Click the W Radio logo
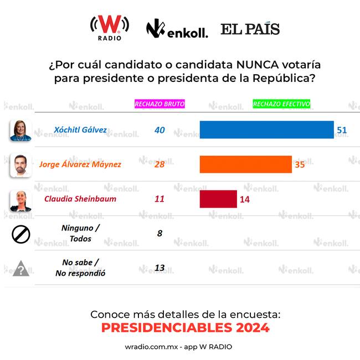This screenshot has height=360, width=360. [x=110, y=27]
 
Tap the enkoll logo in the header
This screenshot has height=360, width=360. [x=177, y=29]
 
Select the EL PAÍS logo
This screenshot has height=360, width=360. [x=250, y=29]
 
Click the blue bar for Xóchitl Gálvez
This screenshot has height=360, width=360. [x=266, y=130]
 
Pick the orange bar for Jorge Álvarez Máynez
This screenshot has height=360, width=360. [x=245, y=164]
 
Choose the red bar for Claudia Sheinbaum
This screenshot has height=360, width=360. [x=218, y=199]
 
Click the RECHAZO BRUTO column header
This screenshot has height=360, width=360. [x=160, y=104]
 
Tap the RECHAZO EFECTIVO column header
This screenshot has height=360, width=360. [x=281, y=104]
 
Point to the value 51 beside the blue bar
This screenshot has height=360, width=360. [x=342, y=130]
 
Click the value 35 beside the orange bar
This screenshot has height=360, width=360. [x=300, y=164]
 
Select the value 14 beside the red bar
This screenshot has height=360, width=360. [x=244, y=199]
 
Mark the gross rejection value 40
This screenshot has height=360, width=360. [x=160, y=130]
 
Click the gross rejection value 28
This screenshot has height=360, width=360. [x=160, y=164]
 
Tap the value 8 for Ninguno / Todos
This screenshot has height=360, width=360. [x=160, y=233]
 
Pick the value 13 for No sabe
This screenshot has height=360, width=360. [x=160, y=268]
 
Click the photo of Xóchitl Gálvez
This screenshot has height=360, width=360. [x=20, y=131]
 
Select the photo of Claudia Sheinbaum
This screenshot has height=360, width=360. [x=20, y=199]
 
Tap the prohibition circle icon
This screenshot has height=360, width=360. [x=20, y=234]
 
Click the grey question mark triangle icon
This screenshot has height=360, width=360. [x=21, y=269]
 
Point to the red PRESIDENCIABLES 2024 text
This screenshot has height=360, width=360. [x=185, y=328]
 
